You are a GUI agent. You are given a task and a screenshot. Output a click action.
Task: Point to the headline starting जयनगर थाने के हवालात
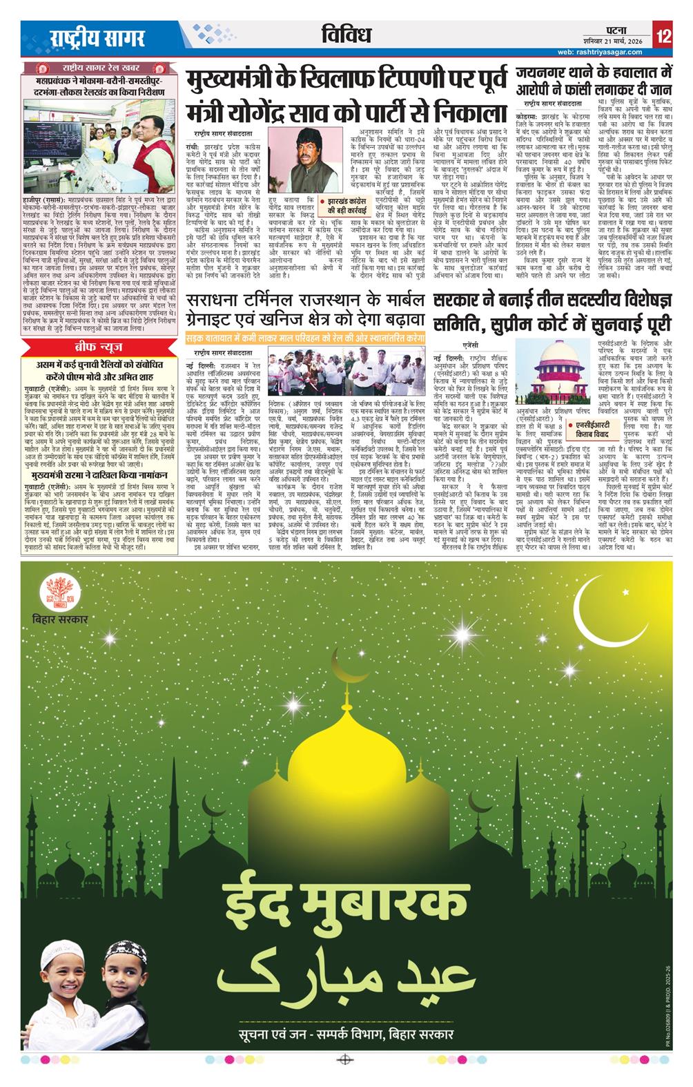pyautogui.click(x=593, y=80)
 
